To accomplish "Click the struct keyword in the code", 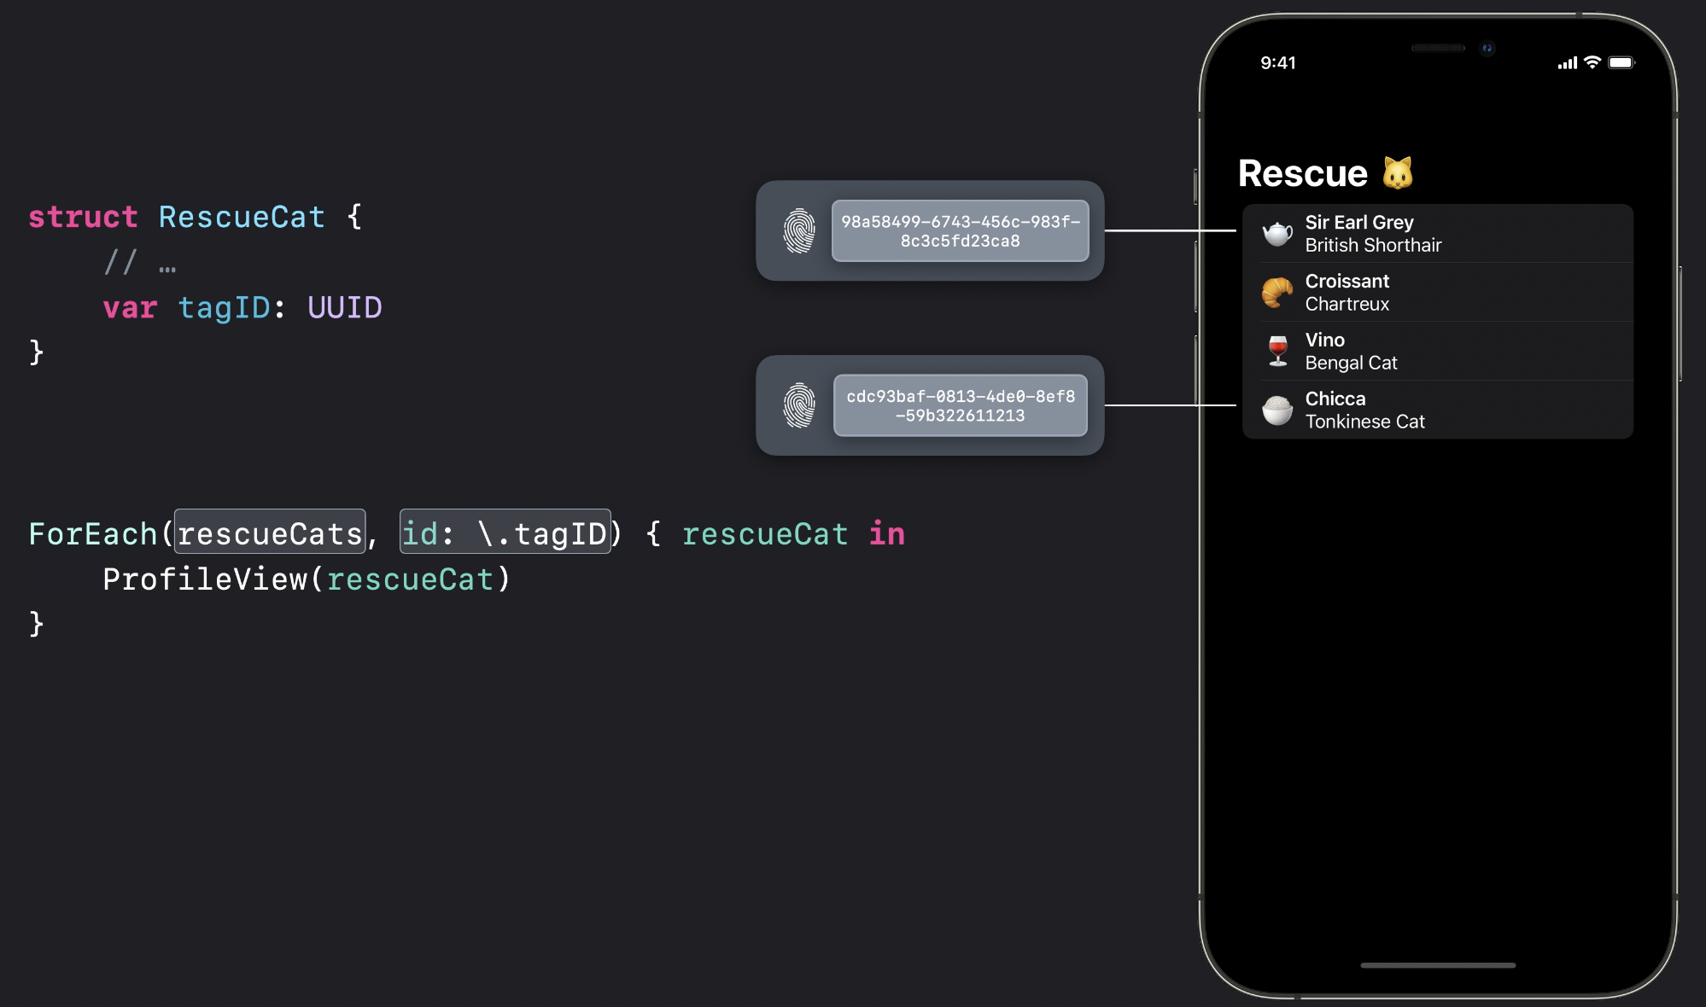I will pos(83,218).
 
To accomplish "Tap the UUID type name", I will pos(344,308).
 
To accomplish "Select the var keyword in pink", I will pos(130,308).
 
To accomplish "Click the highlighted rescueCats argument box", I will pos(270,533).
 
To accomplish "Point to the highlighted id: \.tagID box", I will pos(505,533).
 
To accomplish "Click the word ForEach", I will pos(92,534).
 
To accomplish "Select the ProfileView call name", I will pos(204,579).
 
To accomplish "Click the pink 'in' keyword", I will pos(886,534).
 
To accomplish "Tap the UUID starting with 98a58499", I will pos(960,231).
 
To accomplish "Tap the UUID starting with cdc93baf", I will pos(960,406).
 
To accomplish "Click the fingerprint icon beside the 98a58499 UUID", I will pos(799,231).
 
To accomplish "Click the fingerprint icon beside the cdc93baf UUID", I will pos(799,406).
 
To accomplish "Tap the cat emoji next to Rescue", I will pos(1398,173).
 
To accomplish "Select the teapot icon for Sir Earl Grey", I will pos(1277,233).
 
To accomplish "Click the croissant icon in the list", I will pos(1277,292).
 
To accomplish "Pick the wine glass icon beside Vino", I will pos(1277,351).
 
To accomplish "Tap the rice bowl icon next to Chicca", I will pos(1277,410).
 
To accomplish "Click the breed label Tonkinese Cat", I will pos(1364,422).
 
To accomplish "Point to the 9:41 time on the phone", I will pos(1277,63).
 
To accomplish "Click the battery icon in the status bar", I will pos(1621,63).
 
